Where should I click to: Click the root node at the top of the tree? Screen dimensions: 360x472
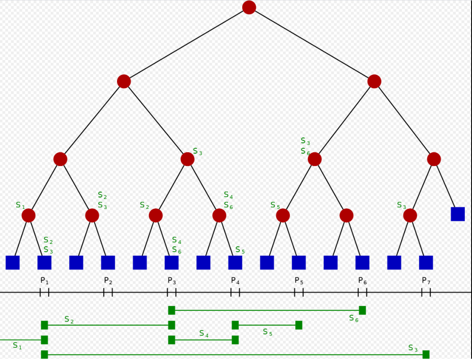(x=249, y=7)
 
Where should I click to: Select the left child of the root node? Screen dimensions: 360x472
(x=124, y=81)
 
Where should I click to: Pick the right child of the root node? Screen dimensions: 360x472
(x=374, y=81)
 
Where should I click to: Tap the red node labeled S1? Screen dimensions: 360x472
(x=28, y=215)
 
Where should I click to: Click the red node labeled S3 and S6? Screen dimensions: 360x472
(x=314, y=159)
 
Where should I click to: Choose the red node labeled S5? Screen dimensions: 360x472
(x=283, y=215)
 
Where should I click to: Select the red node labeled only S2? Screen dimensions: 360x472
(x=156, y=215)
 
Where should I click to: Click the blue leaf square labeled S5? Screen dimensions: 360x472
(x=235, y=263)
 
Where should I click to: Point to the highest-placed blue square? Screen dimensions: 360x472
(x=458, y=214)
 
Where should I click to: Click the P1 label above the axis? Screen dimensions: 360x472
(x=44, y=281)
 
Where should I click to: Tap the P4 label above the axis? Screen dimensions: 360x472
(x=235, y=281)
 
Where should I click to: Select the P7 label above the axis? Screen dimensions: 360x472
(x=426, y=281)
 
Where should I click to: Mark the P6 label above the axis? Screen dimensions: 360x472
(x=362, y=281)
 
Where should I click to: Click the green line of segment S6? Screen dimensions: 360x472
(x=267, y=310)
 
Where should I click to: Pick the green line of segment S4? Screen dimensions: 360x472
(x=203, y=340)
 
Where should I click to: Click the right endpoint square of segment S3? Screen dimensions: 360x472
(x=426, y=354)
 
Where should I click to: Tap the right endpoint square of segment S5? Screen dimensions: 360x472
(x=299, y=325)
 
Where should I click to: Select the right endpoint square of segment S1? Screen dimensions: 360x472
(x=44, y=340)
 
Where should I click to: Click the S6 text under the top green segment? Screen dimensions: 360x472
(x=354, y=318)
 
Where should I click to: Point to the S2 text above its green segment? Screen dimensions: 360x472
(x=69, y=320)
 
